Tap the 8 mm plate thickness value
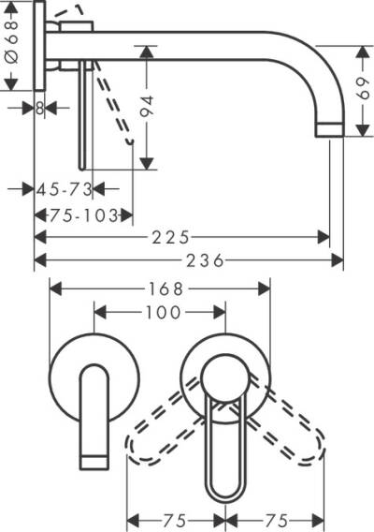point(39,108)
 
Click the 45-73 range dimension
point(65,189)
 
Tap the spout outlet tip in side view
point(332,128)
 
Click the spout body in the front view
point(94,407)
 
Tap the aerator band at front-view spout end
point(94,458)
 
